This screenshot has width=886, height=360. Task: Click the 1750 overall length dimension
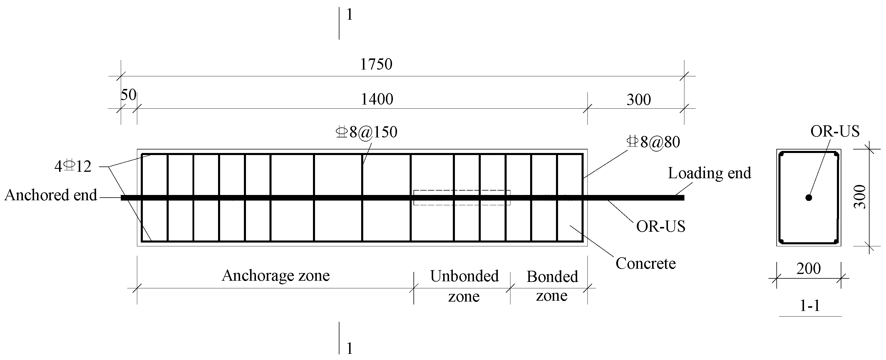[x=376, y=64]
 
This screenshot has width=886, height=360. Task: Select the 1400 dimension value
[x=377, y=99]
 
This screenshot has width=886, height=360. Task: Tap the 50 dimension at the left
[x=128, y=95]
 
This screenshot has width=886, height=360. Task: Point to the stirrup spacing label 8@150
[x=367, y=132]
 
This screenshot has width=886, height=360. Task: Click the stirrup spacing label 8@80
[x=653, y=142]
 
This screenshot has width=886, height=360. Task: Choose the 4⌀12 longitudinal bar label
[x=73, y=167]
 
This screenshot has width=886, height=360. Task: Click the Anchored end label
[x=51, y=195]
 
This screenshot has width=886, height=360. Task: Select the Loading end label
[x=709, y=173]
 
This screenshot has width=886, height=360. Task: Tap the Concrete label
[x=646, y=264]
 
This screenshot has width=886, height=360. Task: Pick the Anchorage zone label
[x=276, y=275]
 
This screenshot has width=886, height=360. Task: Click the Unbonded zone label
[x=464, y=286]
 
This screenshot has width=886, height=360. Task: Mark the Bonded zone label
[x=552, y=286]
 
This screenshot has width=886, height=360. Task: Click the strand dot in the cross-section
[x=809, y=198]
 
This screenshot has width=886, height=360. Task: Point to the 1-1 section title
[x=810, y=306]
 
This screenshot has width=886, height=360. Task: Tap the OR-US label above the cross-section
[x=835, y=131]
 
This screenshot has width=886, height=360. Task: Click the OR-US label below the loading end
[x=660, y=226]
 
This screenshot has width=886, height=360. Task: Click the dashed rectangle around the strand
[x=462, y=191]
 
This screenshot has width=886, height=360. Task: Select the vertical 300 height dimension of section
[x=860, y=197]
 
